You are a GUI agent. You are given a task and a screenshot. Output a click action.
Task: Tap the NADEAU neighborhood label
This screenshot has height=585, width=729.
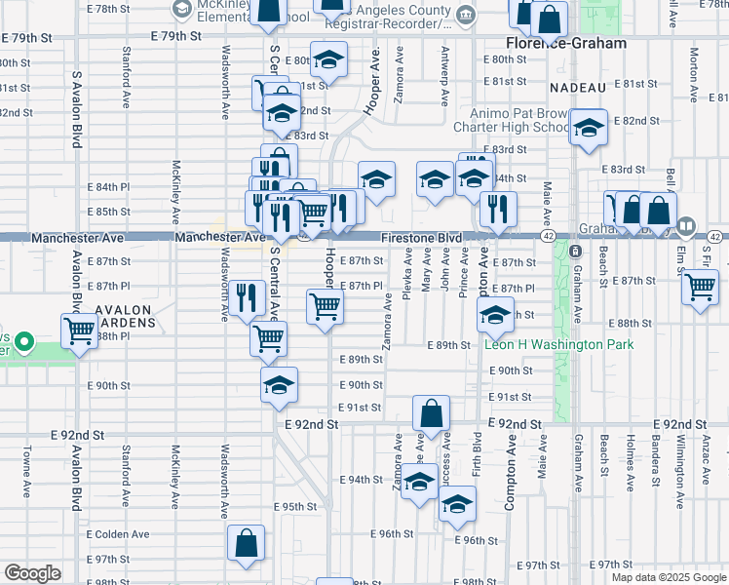[578, 88]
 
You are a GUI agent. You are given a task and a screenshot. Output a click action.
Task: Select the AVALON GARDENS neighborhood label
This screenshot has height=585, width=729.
[125, 317]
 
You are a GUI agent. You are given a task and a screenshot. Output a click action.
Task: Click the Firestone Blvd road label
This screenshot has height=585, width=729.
[421, 238]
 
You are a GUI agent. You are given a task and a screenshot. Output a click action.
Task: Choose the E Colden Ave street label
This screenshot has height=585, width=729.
[118, 534]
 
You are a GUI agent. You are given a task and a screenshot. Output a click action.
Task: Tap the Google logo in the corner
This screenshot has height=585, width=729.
[32, 573]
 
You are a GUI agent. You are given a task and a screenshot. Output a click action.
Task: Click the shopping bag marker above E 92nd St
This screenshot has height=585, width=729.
[431, 412]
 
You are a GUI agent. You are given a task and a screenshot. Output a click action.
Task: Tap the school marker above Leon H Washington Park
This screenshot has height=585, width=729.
[495, 314]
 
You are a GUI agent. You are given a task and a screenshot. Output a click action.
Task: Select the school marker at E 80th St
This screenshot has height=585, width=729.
[328, 59]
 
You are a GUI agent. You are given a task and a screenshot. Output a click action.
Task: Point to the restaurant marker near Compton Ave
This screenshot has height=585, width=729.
[498, 208]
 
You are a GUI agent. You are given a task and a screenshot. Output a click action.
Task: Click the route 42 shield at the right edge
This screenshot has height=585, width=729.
[714, 237]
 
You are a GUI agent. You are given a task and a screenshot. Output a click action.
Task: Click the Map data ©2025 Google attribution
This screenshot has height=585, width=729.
[668, 577]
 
